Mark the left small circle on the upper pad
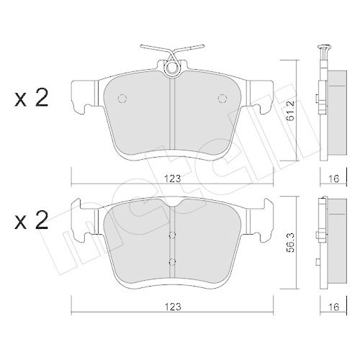point(122,99)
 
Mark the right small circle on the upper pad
point(222,99)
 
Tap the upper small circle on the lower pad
point(173,235)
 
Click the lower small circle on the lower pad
point(173,260)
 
